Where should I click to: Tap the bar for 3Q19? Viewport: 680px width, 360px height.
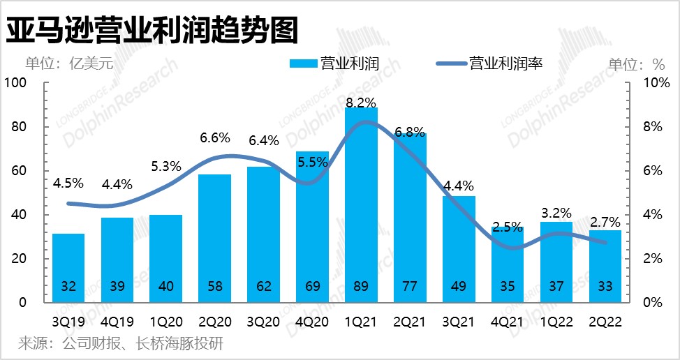coord(68,269)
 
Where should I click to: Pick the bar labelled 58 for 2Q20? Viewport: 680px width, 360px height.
coord(214,237)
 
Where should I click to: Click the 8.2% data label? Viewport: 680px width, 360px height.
coord(361,103)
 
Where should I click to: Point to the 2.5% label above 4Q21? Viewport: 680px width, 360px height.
coord(507,226)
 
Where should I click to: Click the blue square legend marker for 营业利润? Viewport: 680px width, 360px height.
coord(303,64)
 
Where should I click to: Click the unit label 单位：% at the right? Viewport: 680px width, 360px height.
coord(637,64)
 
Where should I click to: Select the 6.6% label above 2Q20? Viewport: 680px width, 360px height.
coord(215,137)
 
